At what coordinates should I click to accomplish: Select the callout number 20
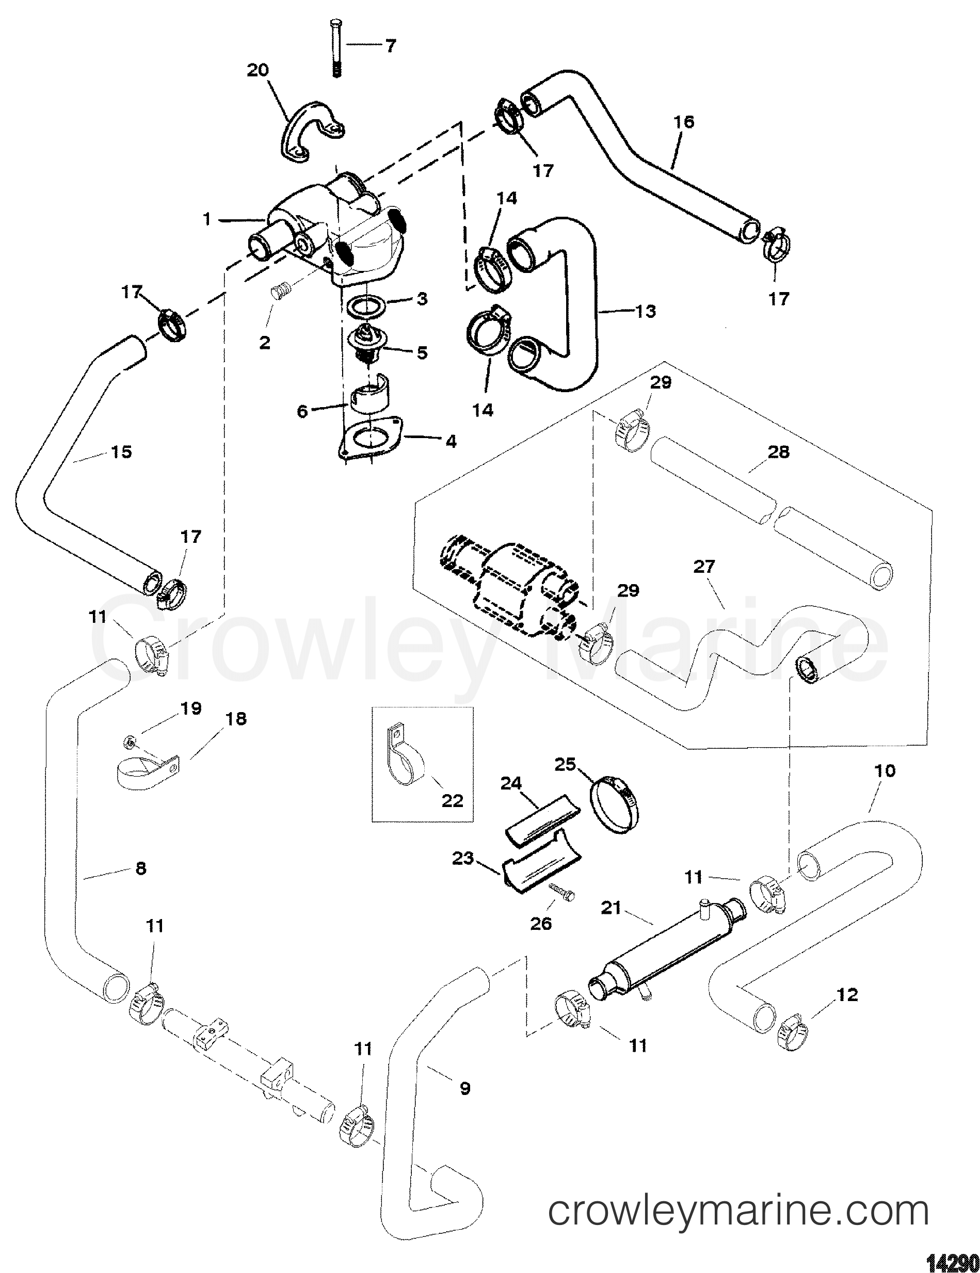click(258, 71)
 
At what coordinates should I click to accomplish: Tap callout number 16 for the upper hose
click(684, 122)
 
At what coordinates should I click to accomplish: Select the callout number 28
click(779, 451)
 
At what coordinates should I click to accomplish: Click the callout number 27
click(704, 567)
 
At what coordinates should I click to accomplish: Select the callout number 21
click(611, 925)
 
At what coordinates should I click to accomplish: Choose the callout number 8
click(140, 885)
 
